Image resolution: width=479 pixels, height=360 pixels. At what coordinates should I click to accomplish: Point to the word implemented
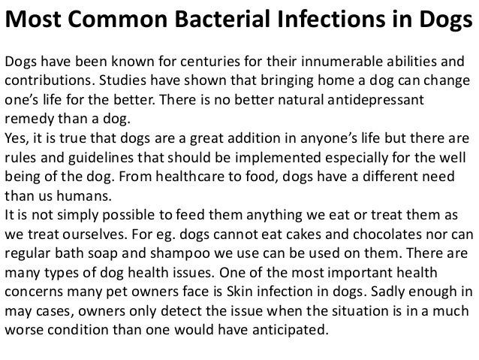(x=280, y=159)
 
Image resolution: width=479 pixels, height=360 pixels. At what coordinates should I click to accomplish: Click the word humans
(x=89, y=198)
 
